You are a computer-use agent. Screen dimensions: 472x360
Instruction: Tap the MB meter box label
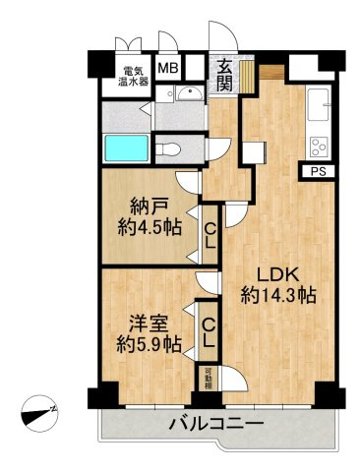click(168, 69)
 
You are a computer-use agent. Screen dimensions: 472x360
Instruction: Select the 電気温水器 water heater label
click(134, 76)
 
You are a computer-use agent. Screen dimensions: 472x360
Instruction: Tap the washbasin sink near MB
click(190, 93)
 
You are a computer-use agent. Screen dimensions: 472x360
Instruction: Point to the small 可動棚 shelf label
click(209, 377)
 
